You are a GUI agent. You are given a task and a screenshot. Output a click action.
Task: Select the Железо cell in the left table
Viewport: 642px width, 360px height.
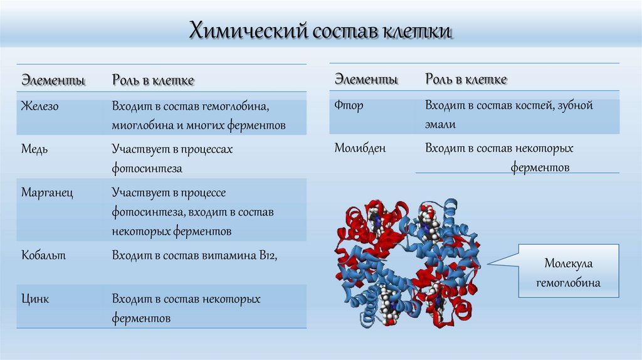[39, 106]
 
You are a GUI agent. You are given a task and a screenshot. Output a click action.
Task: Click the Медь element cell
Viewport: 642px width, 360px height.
[34, 149]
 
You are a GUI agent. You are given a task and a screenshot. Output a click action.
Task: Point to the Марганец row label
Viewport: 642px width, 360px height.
[47, 193]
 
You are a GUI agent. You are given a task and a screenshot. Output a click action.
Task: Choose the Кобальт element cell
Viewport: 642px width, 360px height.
[43, 255]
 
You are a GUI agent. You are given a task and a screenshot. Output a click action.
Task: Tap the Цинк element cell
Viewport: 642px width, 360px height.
[35, 299]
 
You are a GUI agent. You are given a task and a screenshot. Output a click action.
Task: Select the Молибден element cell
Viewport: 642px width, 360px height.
[360, 149]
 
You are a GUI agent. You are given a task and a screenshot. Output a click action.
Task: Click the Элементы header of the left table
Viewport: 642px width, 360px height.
[53, 80]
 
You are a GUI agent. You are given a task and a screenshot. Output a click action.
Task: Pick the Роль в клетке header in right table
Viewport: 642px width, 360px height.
[466, 80]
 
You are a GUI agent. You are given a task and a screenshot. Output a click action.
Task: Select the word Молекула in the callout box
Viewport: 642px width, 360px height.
[568, 264]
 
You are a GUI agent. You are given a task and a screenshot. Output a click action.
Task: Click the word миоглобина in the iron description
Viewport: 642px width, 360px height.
[143, 125]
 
